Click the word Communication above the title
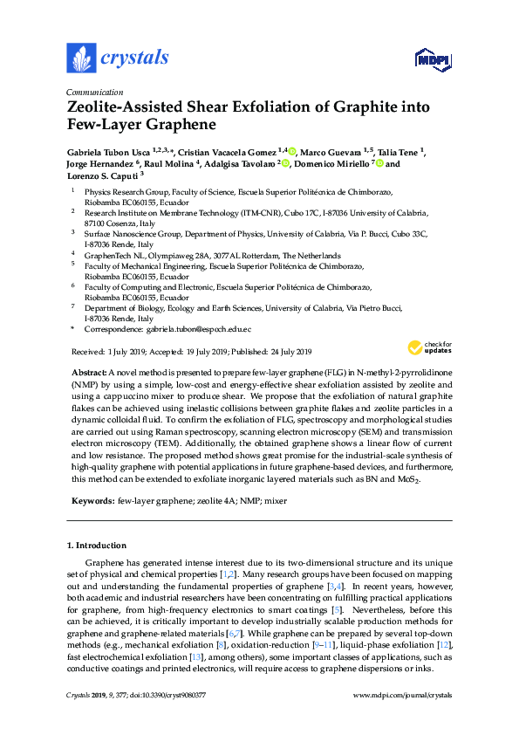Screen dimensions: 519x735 click(95, 92)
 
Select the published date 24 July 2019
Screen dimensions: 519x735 click(285, 352)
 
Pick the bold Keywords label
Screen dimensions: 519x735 click(91, 500)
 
